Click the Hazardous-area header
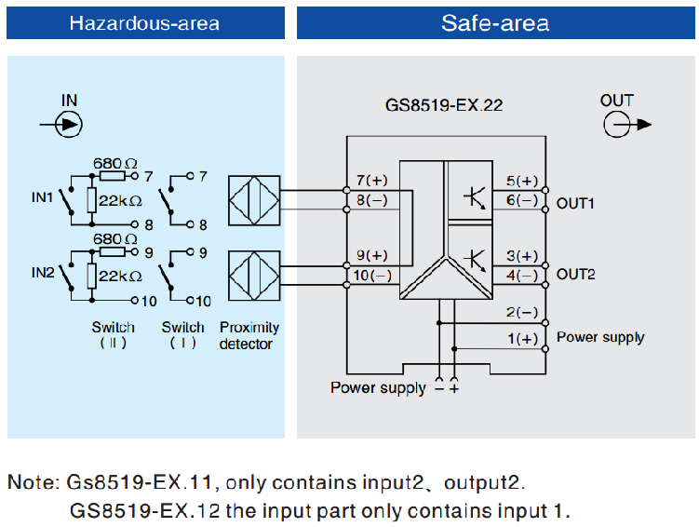144,22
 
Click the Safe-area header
494,22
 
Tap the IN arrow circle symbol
69,124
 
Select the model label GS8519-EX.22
443,105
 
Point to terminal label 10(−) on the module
372,275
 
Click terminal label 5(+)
522,181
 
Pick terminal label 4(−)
522,275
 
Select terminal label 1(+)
522,339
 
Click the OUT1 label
575,203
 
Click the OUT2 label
575,275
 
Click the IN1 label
42,197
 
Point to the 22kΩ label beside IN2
120,277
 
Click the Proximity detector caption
249,336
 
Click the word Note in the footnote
32,483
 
